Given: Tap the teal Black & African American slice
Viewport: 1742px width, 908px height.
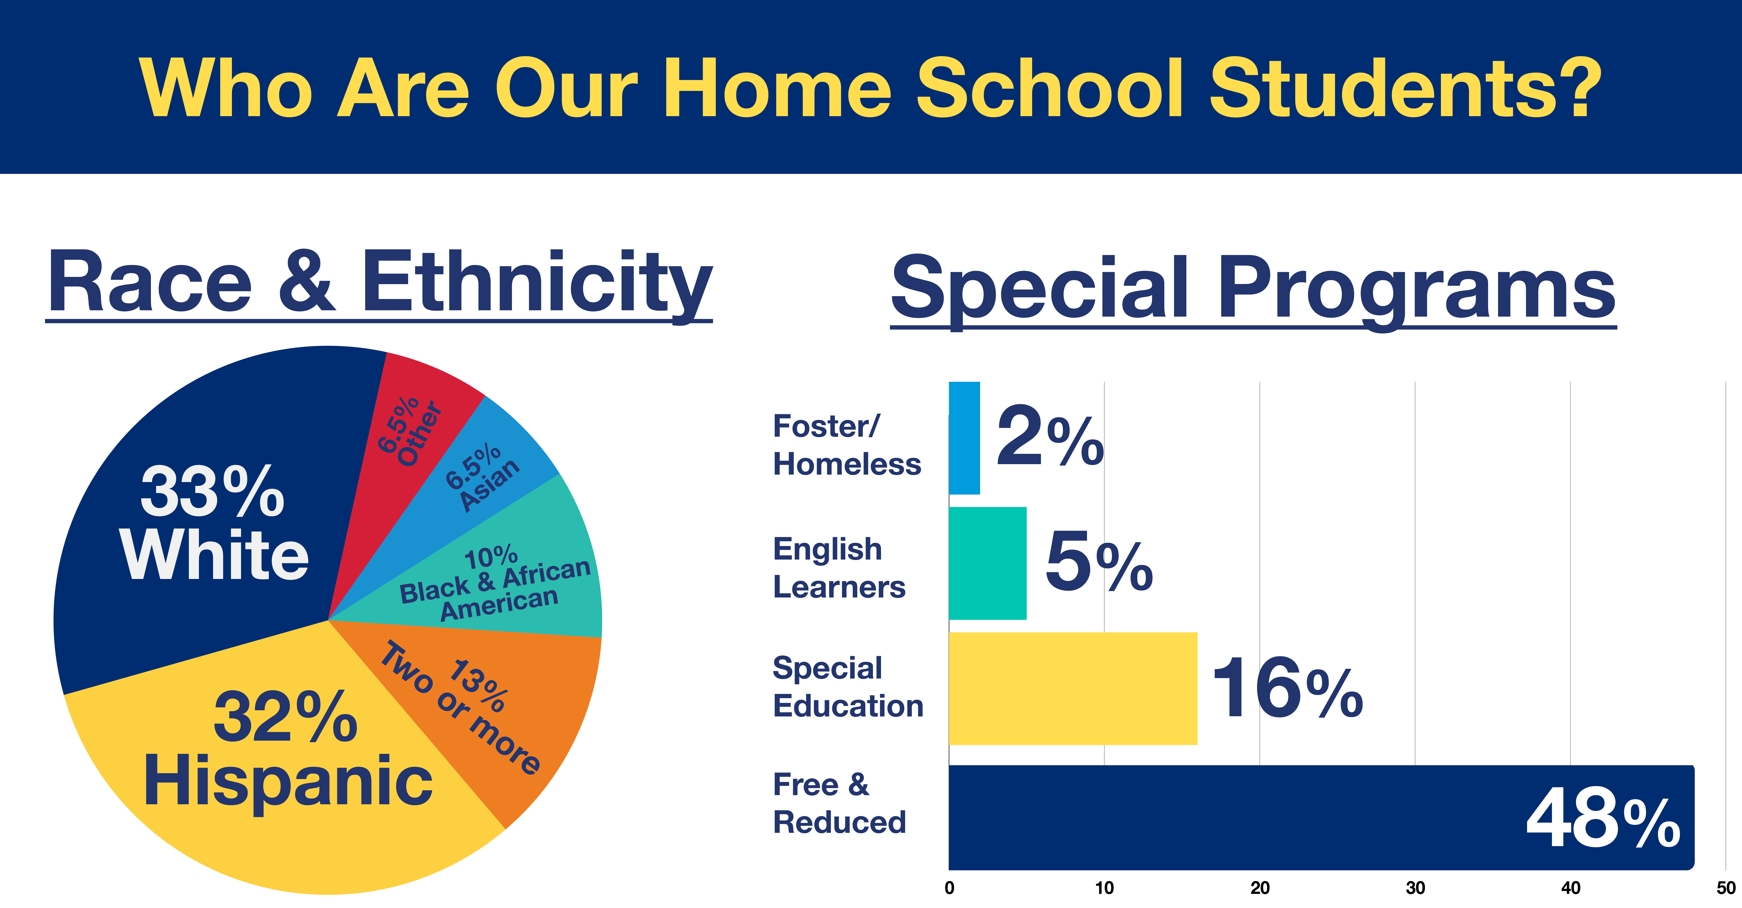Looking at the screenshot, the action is (514, 575).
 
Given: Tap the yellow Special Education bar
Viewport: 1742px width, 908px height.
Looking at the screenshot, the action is (1073, 689).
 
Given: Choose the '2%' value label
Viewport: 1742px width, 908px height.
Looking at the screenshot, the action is (1050, 436).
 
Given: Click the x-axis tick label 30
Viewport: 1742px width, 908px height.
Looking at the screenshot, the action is (1415, 888).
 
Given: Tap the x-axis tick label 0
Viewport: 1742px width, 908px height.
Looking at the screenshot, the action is (949, 888).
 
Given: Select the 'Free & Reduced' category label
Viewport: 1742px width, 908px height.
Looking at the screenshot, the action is (839, 804).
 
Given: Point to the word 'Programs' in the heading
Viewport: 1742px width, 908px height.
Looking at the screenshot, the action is (1417, 290).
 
